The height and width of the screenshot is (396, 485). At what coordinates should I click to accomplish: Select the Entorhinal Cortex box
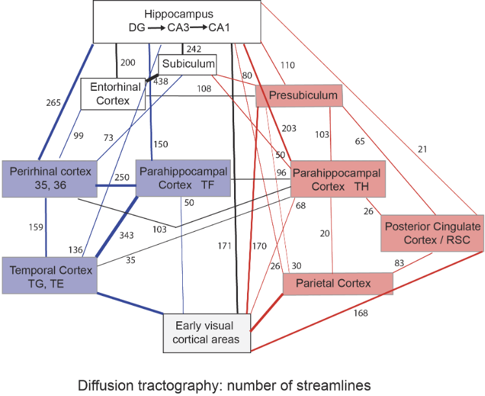[112, 94]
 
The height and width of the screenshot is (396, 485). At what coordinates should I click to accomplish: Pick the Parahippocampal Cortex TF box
[183, 177]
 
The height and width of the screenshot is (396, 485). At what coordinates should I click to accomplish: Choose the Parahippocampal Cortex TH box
[338, 178]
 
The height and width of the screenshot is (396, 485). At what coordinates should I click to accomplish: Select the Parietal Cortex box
[338, 283]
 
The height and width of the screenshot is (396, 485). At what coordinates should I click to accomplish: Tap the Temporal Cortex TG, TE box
[49, 275]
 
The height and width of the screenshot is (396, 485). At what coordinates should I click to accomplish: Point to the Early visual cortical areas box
[206, 333]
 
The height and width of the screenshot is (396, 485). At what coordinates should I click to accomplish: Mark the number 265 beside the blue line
[54, 102]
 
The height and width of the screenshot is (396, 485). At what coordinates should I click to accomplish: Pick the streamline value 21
[423, 150]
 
